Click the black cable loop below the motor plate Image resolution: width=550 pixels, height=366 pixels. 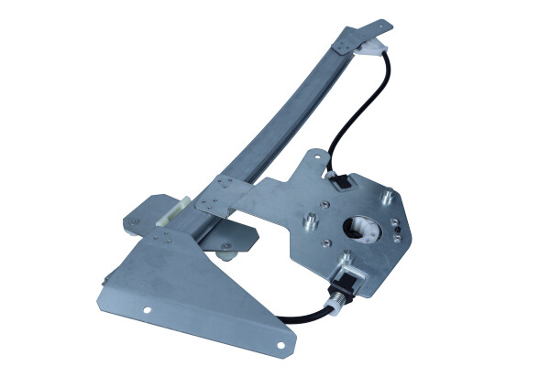click(302, 318)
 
